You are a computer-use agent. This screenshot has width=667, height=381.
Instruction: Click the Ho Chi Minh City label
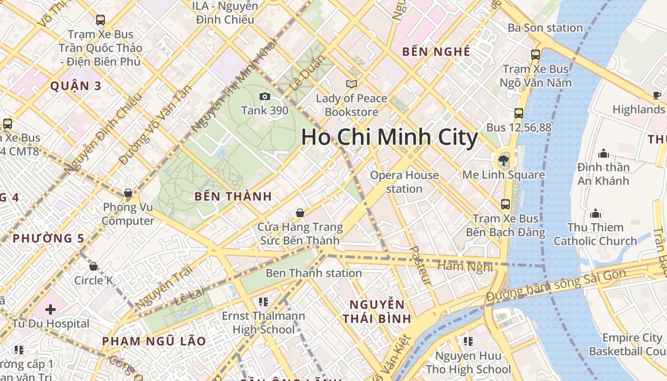[389, 138]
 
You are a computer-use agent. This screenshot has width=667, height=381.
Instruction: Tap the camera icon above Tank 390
[265, 97]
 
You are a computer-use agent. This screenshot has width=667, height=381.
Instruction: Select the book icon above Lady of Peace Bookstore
[352, 84]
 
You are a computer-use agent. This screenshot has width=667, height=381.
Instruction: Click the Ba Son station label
[545, 28]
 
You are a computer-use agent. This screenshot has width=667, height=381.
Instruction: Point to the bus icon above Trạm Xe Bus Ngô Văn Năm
[536, 55]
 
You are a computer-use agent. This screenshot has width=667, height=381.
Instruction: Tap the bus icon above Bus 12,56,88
[519, 113]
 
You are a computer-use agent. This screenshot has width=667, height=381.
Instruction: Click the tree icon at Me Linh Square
[503, 160]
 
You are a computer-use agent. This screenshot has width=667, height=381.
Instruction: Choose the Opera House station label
[404, 182]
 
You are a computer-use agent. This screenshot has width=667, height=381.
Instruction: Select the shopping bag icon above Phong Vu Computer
[128, 193]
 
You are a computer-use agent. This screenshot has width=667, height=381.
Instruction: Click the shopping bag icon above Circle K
[93, 266]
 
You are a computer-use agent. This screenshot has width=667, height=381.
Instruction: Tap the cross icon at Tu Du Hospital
[51, 310]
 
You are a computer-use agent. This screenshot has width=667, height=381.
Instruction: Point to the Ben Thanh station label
[313, 273]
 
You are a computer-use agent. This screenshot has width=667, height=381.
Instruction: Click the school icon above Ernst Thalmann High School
[263, 301]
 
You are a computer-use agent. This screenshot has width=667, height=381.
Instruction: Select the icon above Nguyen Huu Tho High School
[468, 341]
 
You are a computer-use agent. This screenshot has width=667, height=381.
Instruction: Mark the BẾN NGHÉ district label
[436, 51]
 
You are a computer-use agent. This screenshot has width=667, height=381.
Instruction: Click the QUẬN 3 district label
[76, 86]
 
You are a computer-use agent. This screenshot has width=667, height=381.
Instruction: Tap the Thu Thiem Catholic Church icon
[595, 213]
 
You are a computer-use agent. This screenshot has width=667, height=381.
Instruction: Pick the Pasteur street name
[420, 266]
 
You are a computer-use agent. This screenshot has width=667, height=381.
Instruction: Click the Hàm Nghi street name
[465, 267]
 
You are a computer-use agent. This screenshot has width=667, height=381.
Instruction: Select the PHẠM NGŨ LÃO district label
[154, 341]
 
